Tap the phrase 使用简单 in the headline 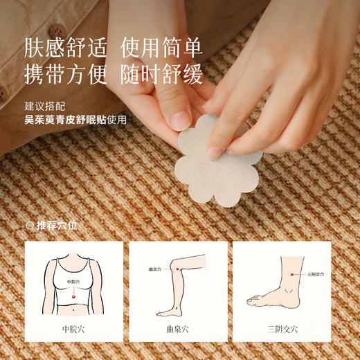pyautogui.click(x=161, y=48)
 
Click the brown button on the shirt pyautogui.click(x=57, y=31)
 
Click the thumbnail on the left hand pyautogui.click(x=181, y=119)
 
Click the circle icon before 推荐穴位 pyautogui.click(x=30, y=225)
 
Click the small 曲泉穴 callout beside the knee pyautogui.click(x=154, y=269)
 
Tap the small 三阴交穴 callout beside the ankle pyautogui.click(x=316, y=276)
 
